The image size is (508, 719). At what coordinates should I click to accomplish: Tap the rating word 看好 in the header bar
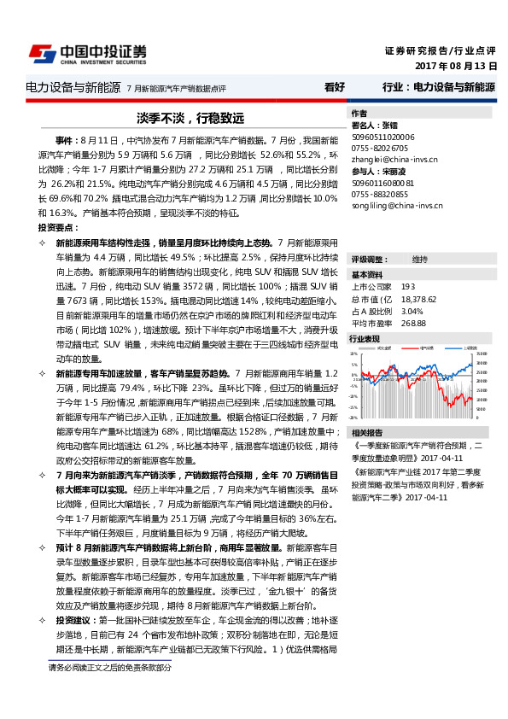coord(335,87)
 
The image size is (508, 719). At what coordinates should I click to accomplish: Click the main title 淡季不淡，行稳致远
coord(178,117)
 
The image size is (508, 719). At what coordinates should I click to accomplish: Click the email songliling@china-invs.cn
coord(395,205)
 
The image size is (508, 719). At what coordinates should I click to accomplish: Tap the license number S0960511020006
coord(383,137)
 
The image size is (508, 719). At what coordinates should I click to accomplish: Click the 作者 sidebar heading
coord(359,114)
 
